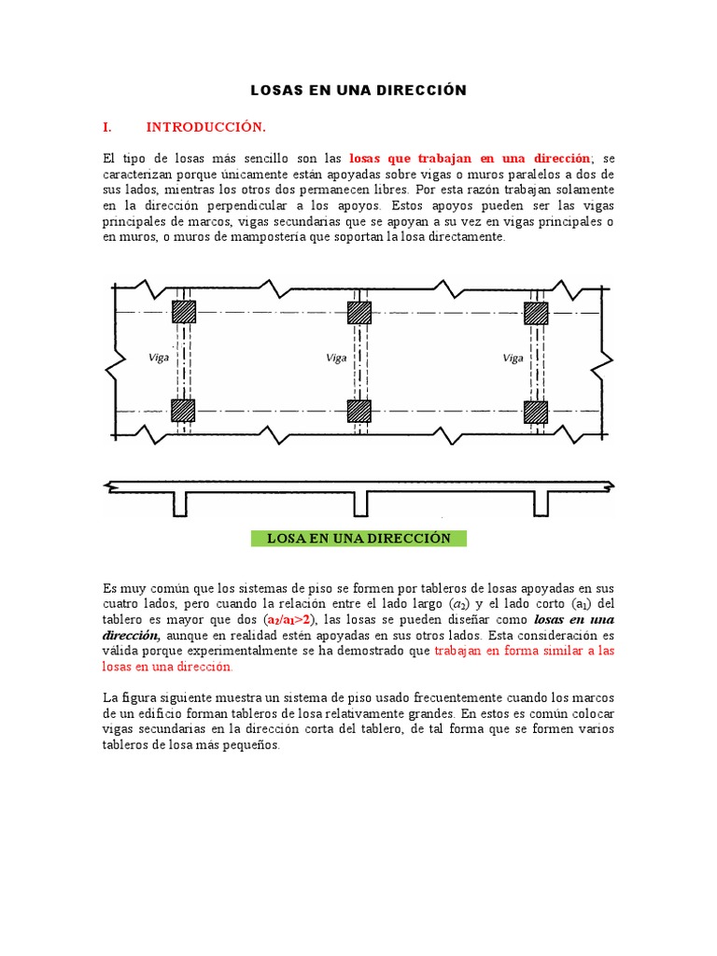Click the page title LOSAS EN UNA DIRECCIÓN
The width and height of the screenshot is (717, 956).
click(358, 91)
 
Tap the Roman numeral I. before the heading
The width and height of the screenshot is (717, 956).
click(107, 126)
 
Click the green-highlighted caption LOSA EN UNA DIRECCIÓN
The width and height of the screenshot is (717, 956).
click(359, 539)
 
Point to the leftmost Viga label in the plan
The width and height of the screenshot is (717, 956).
click(159, 358)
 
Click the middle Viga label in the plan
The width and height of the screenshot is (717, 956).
click(335, 358)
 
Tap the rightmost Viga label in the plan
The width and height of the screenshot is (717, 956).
click(513, 358)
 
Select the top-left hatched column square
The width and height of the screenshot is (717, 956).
click(184, 312)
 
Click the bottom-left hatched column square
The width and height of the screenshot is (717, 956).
click(184, 411)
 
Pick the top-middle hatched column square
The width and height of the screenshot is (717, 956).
click(359, 312)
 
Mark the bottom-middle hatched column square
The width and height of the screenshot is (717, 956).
click(359, 411)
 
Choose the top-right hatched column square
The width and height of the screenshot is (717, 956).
click(536, 312)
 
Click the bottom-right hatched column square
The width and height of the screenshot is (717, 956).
click(536, 411)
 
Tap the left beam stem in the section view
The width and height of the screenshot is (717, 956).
click(180, 504)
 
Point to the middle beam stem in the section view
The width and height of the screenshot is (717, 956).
click(360, 504)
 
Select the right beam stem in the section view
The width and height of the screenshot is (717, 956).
click(541, 504)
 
